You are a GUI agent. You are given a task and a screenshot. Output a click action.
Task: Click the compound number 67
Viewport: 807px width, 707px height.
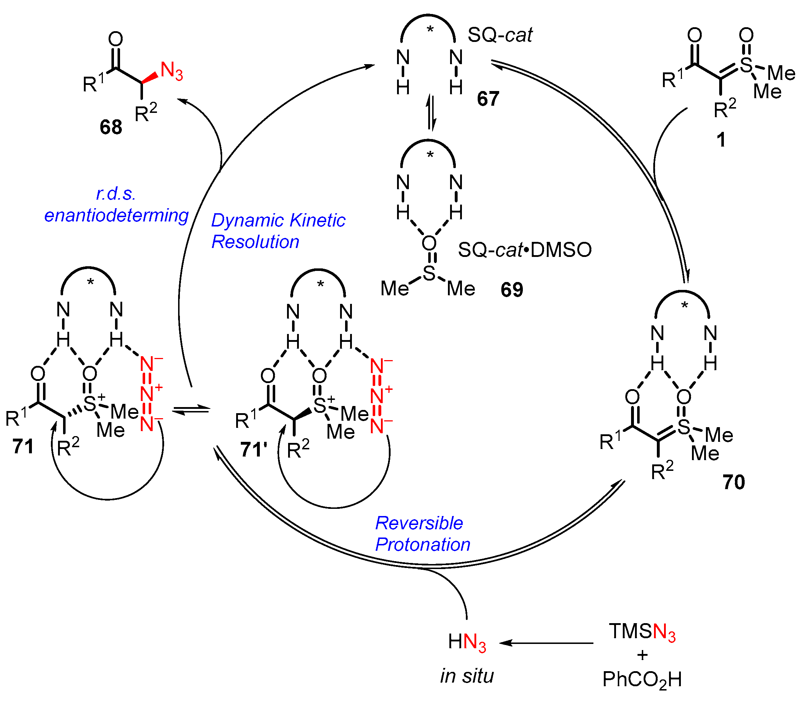point(488,99)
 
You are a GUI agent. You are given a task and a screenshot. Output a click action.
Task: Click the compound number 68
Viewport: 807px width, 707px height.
point(110,127)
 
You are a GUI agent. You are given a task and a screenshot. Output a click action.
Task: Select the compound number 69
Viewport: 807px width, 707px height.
point(511,290)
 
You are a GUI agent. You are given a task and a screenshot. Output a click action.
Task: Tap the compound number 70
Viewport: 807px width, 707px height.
point(733,482)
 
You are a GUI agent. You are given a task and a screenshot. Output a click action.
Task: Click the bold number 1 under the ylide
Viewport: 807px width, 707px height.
point(721,140)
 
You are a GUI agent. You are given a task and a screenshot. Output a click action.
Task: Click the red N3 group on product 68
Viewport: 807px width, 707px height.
point(171,71)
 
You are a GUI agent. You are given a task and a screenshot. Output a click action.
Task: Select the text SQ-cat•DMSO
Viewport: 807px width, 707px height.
point(525,250)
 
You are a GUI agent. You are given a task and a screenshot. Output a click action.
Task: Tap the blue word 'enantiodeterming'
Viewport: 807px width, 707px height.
point(116,215)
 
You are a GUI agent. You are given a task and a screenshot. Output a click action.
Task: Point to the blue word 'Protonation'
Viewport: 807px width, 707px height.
point(422,544)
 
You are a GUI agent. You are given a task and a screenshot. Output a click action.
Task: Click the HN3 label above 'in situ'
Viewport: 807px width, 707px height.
point(467,642)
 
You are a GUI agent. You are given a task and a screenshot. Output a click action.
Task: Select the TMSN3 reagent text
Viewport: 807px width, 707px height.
point(642,632)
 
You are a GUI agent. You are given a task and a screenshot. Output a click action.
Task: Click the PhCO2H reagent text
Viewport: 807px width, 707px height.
point(642,679)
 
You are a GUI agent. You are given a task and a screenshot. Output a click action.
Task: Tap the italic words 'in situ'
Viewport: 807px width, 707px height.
point(467,675)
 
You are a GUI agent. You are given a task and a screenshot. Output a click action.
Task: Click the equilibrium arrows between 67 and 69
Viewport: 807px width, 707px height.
point(431,113)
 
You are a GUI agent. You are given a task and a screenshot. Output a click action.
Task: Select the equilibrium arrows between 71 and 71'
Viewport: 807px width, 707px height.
point(191,411)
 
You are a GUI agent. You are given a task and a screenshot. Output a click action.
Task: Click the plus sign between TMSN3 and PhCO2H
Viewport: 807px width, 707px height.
point(642,655)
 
